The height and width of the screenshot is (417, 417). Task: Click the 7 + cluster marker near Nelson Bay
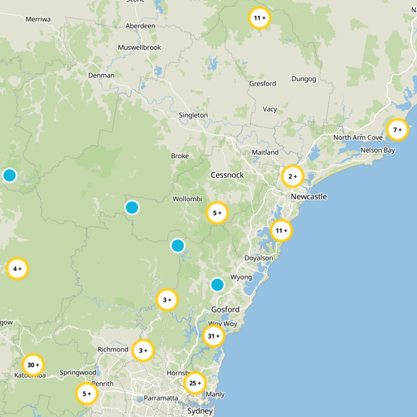(398, 129)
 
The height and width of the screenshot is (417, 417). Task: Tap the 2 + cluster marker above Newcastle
(293, 177)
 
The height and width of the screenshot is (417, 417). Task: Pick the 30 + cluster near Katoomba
(33, 365)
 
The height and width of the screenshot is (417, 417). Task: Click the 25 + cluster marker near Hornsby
(195, 383)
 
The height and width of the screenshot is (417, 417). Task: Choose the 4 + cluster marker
(17, 269)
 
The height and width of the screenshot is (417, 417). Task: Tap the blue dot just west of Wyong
(217, 285)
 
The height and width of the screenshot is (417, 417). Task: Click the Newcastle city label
(309, 197)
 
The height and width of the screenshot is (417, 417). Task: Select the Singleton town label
(193, 115)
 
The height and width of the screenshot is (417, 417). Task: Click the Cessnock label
(227, 175)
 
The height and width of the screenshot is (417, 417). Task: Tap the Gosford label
(225, 310)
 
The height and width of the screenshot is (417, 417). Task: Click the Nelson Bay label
(377, 151)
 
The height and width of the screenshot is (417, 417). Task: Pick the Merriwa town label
(38, 19)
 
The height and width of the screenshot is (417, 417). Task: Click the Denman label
(101, 75)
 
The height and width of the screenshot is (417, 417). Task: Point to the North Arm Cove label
(358, 138)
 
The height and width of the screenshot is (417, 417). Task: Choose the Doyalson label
(259, 258)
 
